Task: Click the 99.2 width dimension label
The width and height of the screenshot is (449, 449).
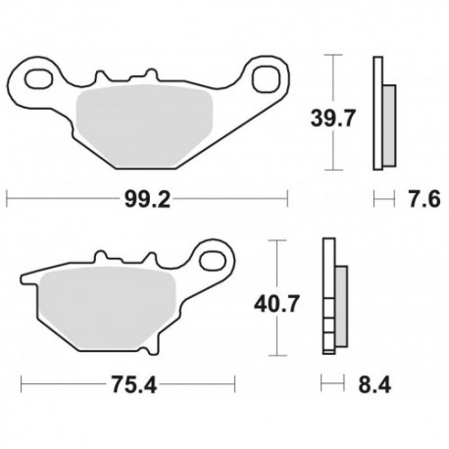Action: tap(147, 200)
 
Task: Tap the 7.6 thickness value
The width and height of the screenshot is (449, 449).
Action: tap(423, 200)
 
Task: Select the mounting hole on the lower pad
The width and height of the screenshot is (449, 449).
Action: tap(211, 258)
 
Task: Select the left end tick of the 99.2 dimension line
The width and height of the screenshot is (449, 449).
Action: tap(7, 200)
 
